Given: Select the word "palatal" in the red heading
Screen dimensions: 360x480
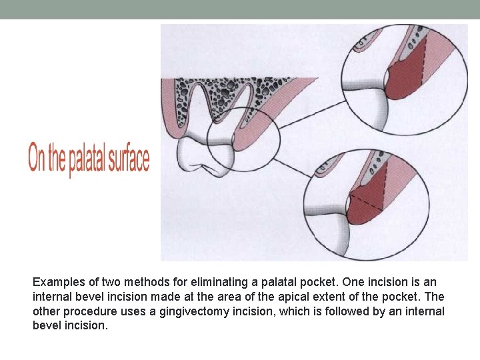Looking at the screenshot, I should click(86, 160).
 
